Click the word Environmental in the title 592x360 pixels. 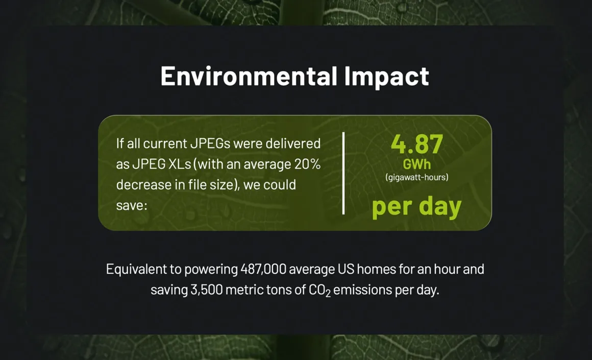click(249, 76)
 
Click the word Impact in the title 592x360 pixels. click(387, 77)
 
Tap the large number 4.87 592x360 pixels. click(417, 144)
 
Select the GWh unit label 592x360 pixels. click(417, 164)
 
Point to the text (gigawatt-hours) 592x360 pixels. click(417, 177)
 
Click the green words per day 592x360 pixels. click(417, 207)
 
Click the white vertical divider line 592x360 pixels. click(343, 174)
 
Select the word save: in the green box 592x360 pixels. click(132, 205)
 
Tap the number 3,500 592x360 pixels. click(207, 290)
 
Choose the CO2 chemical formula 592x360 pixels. click(320, 291)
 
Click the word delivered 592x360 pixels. click(293, 143)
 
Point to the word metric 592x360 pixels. click(244, 290)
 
